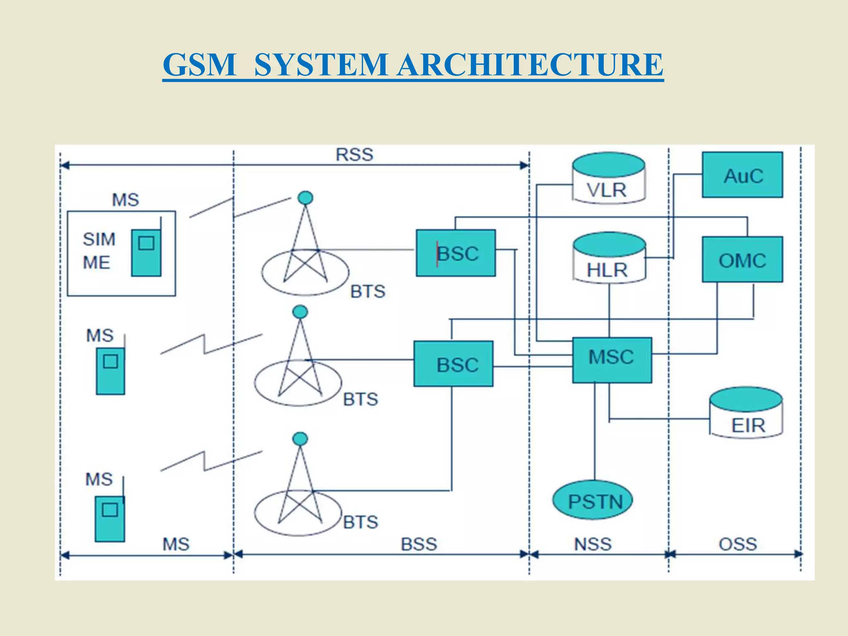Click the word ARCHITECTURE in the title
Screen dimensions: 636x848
click(x=530, y=65)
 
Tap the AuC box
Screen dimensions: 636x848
click(x=742, y=175)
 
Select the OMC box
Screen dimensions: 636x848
click(x=742, y=260)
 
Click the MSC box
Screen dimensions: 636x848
click(x=612, y=359)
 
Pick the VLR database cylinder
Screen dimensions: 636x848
click(x=608, y=179)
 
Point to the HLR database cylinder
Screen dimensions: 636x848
click(x=609, y=259)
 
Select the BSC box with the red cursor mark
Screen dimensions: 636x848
click(x=455, y=253)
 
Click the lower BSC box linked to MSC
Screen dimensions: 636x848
click(x=453, y=364)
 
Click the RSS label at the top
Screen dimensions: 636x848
click(x=354, y=155)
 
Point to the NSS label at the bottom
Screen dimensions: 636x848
click(x=593, y=544)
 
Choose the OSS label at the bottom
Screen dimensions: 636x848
click(x=738, y=544)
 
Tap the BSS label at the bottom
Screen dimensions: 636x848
click(x=419, y=544)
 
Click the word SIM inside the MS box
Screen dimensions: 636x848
click(x=99, y=239)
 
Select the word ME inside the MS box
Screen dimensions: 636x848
click(x=96, y=263)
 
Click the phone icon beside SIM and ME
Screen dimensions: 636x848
click(x=146, y=253)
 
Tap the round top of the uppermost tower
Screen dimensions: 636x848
click(x=305, y=198)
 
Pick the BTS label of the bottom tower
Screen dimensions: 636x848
click(x=361, y=522)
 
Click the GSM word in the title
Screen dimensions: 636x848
click(x=199, y=65)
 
